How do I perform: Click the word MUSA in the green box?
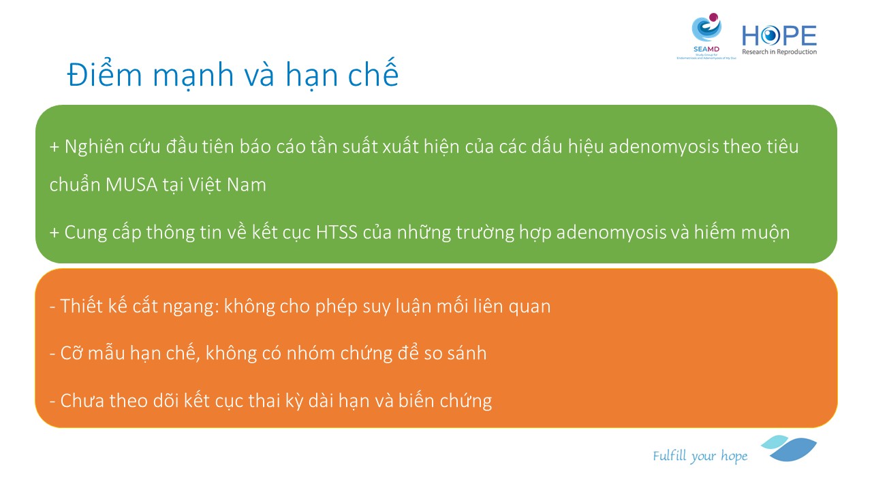131,184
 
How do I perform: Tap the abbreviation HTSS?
337,232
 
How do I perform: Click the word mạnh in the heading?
193,76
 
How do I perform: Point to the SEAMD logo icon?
706,27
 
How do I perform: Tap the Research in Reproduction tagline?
779,52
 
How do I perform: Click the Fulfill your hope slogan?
700,456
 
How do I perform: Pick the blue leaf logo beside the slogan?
790,448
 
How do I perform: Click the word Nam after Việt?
247,184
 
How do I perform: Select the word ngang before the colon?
189,307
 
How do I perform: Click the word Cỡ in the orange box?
72,353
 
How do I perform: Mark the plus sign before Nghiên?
54,147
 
